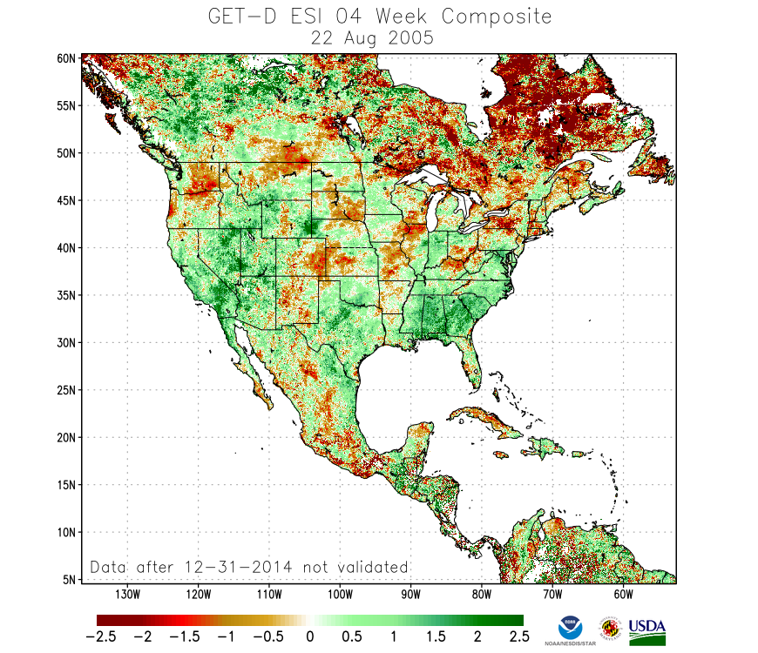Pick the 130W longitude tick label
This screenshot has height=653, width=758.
[x=127, y=595]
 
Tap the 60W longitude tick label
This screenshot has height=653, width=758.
[x=622, y=595]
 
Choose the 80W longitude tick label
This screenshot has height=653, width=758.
[x=481, y=595]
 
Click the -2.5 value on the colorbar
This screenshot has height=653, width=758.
[x=106, y=636]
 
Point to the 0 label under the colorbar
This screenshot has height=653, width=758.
[x=309, y=636]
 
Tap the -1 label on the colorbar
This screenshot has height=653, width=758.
[x=228, y=636]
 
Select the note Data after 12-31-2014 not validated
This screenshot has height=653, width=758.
[x=249, y=568]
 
